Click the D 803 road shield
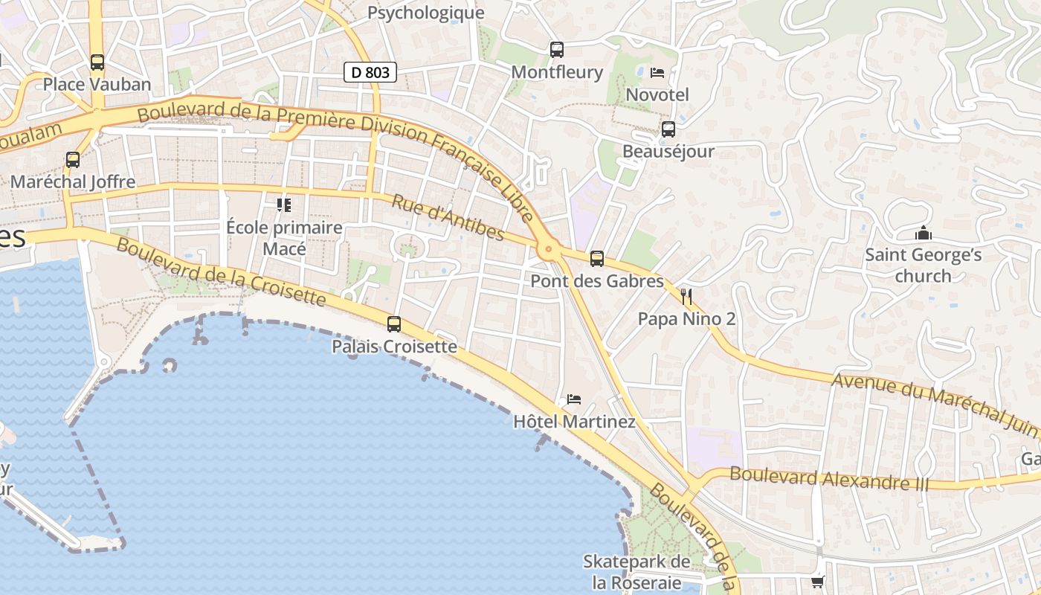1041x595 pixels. pos(370,72)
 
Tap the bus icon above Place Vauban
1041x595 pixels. pos(97,62)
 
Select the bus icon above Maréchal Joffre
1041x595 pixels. pos(73,159)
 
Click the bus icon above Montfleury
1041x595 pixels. pos(557,50)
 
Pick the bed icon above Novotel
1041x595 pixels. pos(657,73)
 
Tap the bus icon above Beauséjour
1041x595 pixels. pos(668,129)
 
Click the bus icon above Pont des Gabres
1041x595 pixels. pos(597,259)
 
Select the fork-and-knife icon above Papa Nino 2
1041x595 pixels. pos(686,297)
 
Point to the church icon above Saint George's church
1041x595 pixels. pos(924,234)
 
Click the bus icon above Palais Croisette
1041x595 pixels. pos(394,324)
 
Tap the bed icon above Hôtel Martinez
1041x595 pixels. pos(574,399)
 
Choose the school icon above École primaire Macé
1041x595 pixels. pos(284,205)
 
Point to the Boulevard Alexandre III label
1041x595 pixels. pos(829,477)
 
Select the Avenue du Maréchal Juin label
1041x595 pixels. pos(934,405)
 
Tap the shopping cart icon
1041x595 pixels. pos(817,582)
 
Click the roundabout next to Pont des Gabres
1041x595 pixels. pos(549,251)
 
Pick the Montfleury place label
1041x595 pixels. pos(557,72)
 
